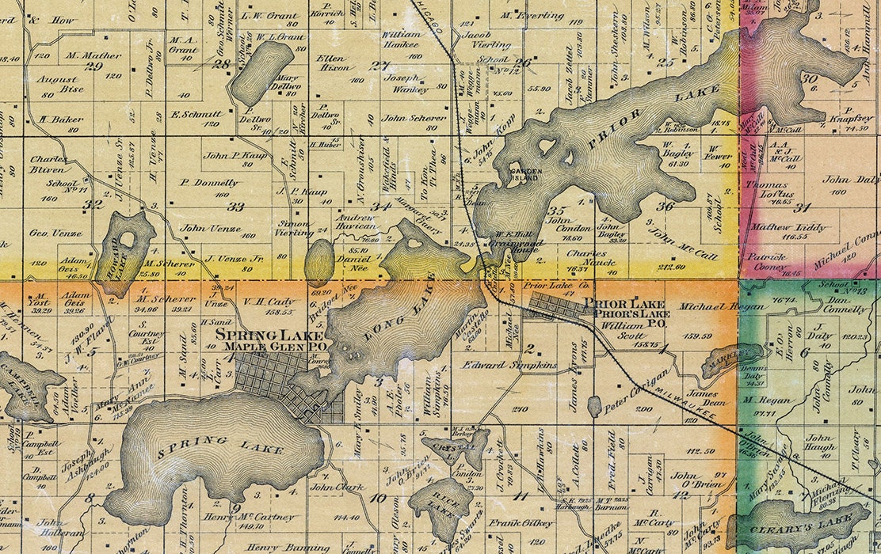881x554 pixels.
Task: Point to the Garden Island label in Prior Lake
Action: [524, 174]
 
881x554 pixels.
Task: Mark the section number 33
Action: [235, 207]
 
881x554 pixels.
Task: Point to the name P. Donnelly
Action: [210, 182]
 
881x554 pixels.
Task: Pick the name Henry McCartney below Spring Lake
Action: [238, 518]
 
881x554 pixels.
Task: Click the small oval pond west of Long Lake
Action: [318, 263]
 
